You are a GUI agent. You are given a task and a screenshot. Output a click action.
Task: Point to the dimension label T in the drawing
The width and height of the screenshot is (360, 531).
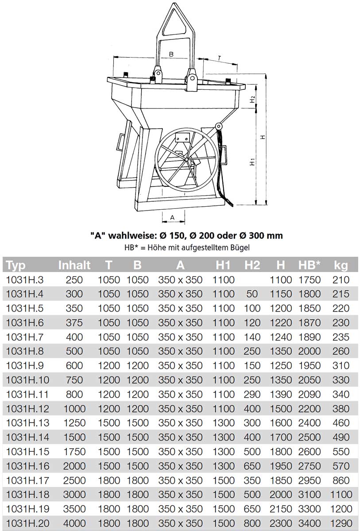[220, 58]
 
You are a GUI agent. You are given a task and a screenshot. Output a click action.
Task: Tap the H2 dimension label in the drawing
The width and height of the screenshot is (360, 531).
[252, 100]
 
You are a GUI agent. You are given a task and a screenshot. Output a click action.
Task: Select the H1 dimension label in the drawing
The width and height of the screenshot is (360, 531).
[252, 162]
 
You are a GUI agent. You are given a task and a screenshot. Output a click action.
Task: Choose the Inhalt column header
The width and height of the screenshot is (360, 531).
[74, 265]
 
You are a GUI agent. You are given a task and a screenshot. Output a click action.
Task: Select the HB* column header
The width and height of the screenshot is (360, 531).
[309, 265]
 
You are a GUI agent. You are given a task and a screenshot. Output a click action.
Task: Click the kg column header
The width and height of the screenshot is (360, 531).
[341, 265]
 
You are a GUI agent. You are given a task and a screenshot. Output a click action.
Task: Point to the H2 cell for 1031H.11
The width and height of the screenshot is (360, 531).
[252, 394]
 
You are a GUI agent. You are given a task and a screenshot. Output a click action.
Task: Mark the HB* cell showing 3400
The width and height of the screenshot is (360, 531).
[309, 523]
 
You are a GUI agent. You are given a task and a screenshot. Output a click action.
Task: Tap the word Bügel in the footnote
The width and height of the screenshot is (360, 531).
[247, 248]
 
